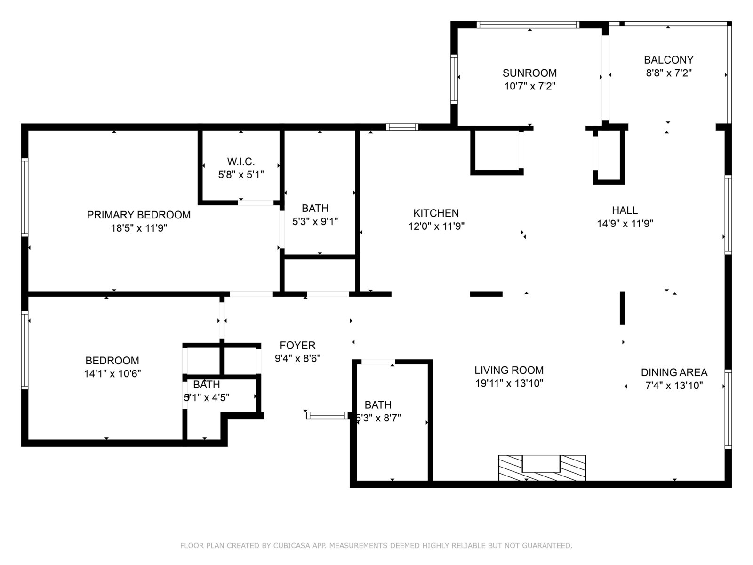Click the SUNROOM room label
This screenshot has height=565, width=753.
pos(529,73)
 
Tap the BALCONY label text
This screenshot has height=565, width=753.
pos(668,60)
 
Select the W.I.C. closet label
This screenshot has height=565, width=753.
pos(241,161)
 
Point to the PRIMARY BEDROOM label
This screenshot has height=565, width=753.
pos(138,215)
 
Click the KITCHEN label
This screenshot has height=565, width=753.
pos(436,213)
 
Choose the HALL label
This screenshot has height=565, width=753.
pos(625,210)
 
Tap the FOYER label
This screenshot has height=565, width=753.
pos(297,345)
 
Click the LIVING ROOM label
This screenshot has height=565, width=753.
pos(509,370)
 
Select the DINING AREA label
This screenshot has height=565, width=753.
pos(674,372)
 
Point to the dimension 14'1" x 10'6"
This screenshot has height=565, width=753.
pos(112,373)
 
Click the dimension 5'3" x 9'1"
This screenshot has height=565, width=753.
pos(315,222)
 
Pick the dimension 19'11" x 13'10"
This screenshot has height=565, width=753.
pos(509,383)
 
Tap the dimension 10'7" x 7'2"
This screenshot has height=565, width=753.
pos(529,86)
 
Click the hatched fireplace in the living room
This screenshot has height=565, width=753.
pos(542,468)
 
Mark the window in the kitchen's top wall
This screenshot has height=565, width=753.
pos(402,127)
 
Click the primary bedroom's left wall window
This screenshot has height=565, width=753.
pos(24,197)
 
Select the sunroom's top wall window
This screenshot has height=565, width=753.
pos(528,24)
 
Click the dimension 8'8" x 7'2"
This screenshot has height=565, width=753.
pos(669,73)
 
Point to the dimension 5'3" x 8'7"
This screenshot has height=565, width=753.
pos(378,418)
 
